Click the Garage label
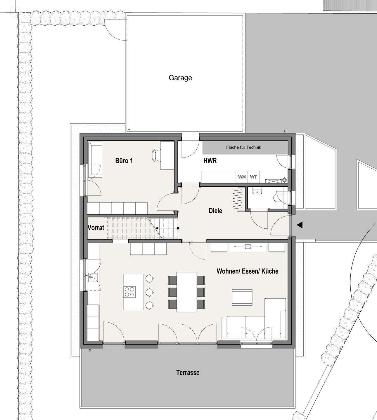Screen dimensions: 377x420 180,78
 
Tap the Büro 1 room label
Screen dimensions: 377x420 124,161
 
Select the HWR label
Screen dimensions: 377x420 210,161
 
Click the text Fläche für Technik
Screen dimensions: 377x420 243,147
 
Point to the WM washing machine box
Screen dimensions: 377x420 242,177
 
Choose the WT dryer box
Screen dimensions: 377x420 254,177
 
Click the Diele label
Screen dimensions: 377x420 215,211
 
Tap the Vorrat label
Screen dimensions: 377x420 96,228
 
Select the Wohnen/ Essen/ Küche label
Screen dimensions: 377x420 247,271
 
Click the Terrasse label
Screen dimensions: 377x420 188,372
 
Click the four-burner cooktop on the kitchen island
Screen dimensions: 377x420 129,292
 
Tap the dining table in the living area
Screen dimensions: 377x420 187,292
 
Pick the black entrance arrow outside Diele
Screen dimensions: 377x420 300,225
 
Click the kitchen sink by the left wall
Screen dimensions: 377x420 93,277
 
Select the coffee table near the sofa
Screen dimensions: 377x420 242,297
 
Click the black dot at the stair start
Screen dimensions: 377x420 178,228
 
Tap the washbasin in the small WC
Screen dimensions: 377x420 257,191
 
